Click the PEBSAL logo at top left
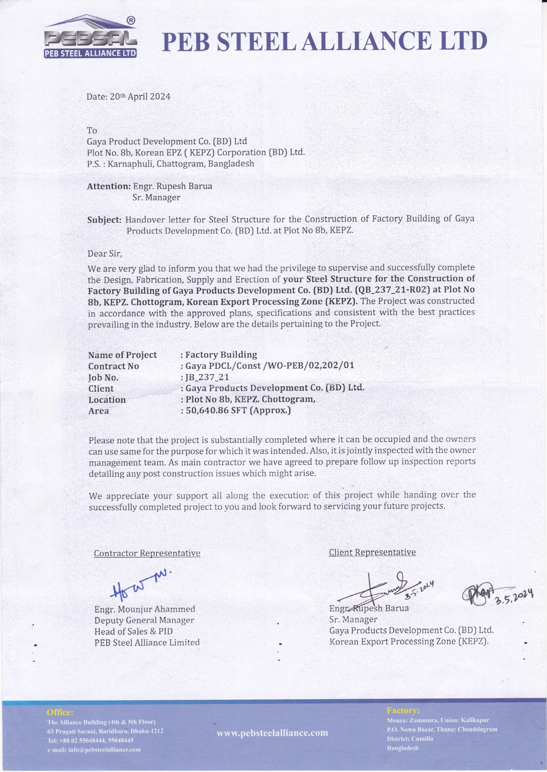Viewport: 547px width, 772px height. pos(90,38)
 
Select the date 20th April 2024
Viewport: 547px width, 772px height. pos(128,96)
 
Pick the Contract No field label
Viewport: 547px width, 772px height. pos(113,366)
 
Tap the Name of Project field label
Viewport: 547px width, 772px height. pos(122,355)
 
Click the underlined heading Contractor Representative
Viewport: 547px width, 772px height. pos(147,553)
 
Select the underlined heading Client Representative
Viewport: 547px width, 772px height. pos(372,552)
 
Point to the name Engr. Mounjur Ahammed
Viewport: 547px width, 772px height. pos(145,609)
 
